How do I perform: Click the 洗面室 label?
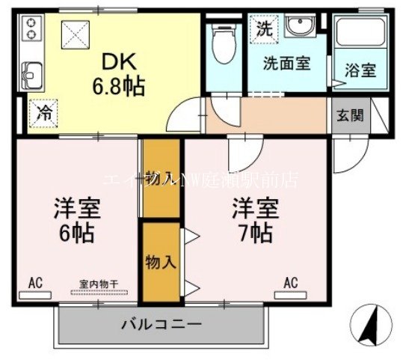pyautogui.click(x=286, y=64)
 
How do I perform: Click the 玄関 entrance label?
pyautogui.click(x=348, y=116)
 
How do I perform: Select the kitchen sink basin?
pyautogui.click(x=33, y=75)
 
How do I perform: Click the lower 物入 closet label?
pyautogui.click(x=160, y=263)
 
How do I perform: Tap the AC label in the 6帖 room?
pyautogui.click(x=34, y=282)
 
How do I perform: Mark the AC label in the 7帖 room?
pyautogui.click(x=291, y=282)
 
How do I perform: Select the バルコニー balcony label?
pyautogui.click(x=161, y=325)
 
